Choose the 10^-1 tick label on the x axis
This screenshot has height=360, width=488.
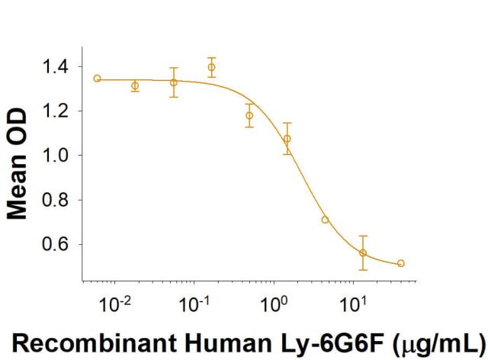(x=194, y=304)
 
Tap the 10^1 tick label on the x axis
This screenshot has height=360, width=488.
(x=352, y=304)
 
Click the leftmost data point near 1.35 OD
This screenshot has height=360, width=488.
(x=97, y=79)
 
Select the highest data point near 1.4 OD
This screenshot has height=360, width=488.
(x=211, y=67)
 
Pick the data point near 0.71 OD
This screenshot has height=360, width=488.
(x=326, y=220)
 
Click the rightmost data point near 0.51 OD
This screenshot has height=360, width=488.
(x=401, y=263)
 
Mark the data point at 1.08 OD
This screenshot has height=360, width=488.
(x=287, y=139)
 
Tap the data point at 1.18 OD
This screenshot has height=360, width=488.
(x=249, y=116)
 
